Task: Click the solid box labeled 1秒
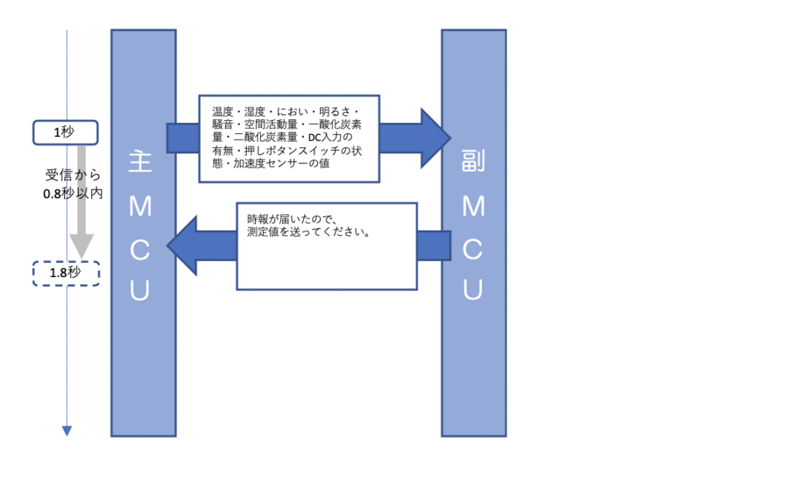[65, 132]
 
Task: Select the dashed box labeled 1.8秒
[66, 273]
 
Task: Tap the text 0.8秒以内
[73, 194]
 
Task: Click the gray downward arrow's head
[80, 247]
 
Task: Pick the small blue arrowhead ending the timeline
[67, 431]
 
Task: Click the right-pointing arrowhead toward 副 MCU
[435, 138]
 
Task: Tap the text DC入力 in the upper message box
[325, 138]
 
